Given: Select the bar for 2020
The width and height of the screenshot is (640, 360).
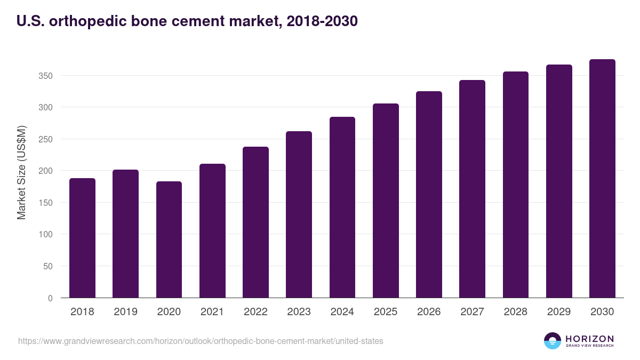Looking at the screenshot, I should point(169,239).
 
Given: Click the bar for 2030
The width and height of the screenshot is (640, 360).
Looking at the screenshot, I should point(602,179).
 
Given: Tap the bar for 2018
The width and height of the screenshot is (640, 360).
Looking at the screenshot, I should point(82,238).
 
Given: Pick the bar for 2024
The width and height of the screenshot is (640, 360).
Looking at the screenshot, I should point(342,207).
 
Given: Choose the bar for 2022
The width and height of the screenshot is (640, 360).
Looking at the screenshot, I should point(255,222).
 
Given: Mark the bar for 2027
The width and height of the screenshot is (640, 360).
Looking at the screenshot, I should point(472,189).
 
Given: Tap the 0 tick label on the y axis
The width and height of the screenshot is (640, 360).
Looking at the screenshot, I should point(50,298).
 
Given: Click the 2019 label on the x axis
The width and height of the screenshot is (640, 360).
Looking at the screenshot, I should point(125,312).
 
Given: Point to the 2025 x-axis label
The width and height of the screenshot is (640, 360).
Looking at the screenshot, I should point(386,312).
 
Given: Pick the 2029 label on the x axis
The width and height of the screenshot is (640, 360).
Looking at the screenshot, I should point(559,312).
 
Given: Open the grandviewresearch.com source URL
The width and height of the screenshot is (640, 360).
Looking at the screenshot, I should point(201,341).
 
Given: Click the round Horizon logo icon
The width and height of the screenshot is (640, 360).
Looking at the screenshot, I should point(552,341).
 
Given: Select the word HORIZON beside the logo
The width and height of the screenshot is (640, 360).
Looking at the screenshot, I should point(589,338).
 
